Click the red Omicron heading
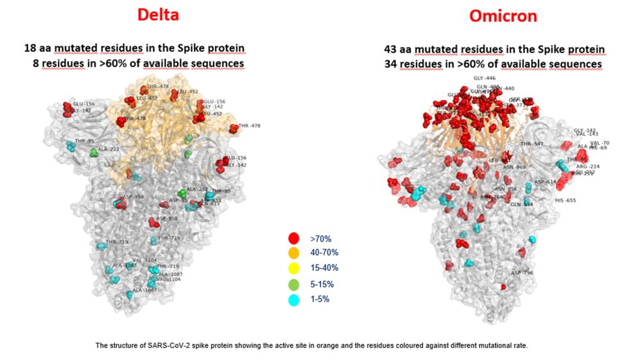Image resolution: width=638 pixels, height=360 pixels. tap(503, 15)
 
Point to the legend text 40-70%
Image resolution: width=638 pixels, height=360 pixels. tap(327, 252)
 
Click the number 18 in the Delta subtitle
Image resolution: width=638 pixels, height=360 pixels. tap(30, 49)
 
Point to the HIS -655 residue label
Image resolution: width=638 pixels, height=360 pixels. tap(565, 200)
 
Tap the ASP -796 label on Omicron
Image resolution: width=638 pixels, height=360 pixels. tap(522, 272)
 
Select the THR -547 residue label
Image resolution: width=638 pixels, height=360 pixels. tap(532, 144)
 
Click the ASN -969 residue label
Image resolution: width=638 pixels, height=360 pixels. tap(514, 167)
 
